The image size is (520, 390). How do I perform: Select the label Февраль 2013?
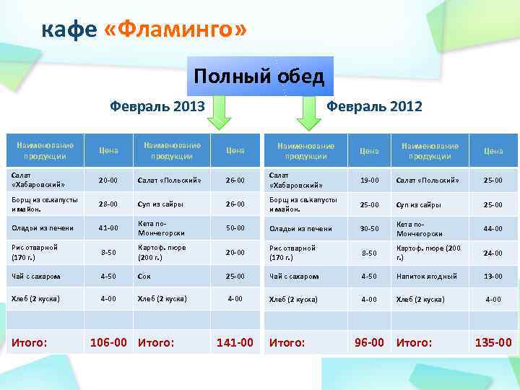coord(157,107)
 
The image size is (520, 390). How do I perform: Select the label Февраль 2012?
coord(375,107)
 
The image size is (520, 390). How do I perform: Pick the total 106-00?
coord(110,342)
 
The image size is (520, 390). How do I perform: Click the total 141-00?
coord(235,342)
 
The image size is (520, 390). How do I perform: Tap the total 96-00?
coord(369,342)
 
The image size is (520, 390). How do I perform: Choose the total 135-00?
coord(493,342)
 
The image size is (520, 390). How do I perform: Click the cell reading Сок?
coord(144,276)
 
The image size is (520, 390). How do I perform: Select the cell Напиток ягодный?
coord(426,276)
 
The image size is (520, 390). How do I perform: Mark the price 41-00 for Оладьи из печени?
coord(108,228)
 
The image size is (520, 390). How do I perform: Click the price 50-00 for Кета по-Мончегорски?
coord(235,228)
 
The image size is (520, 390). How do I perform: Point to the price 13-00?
coord(493,276)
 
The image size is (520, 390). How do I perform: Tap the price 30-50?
coord(369,228)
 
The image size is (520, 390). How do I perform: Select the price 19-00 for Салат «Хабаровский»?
coord(369,179)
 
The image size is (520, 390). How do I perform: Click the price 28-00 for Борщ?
coord(108,204)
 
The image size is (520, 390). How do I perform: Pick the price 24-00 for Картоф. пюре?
coord(493,253)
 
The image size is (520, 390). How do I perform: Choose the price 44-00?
coord(493,228)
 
